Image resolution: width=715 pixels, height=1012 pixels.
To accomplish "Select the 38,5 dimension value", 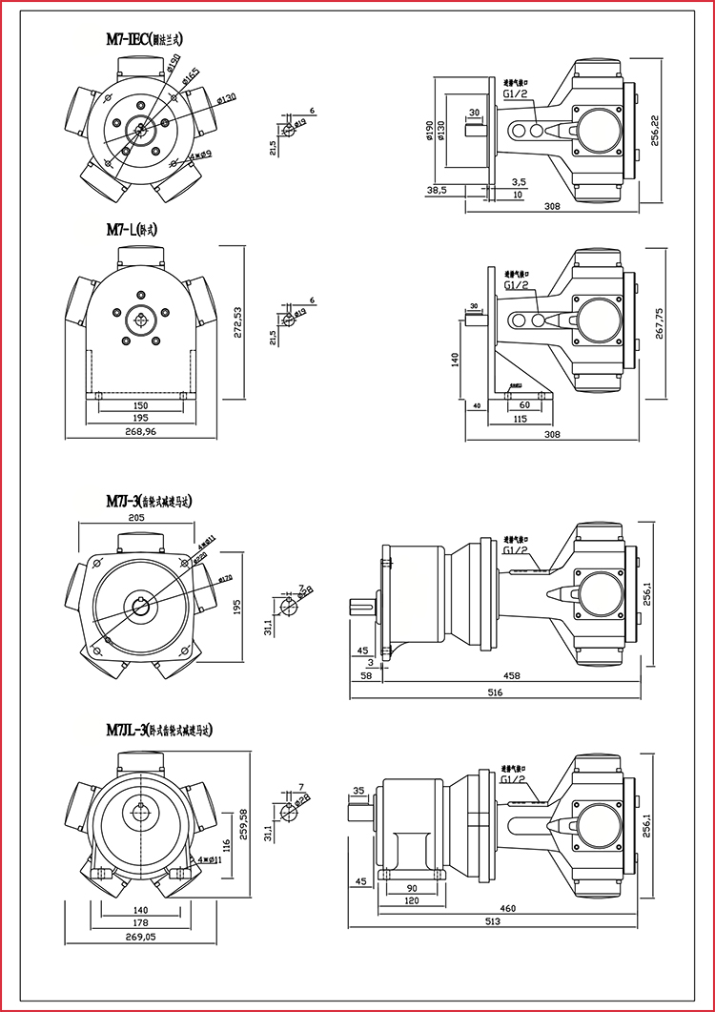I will pyautogui.click(x=438, y=191).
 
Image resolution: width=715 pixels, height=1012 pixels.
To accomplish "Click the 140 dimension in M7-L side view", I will pyautogui.click(x=455, y=360).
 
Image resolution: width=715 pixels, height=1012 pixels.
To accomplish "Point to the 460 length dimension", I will pyautogui.click(x=507, y=908).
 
